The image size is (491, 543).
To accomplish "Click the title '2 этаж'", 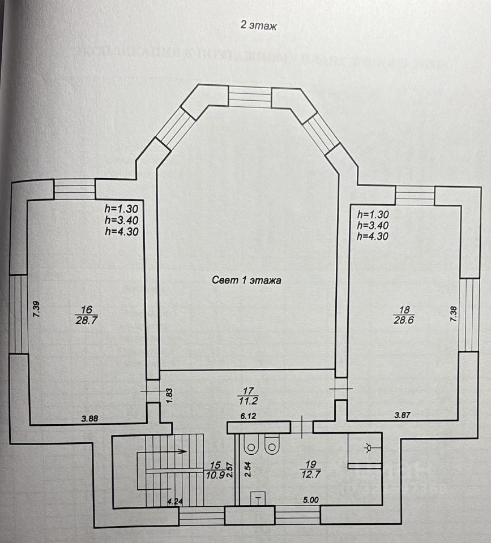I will (x=258, y=25).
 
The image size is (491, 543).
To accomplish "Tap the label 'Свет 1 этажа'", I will (x=246, y=279).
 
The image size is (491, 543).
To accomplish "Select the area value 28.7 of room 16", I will (x=87, y=320).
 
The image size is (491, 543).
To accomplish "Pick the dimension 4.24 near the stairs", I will (x=174, y=500).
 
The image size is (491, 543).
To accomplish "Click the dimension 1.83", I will (x=168, y=394).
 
